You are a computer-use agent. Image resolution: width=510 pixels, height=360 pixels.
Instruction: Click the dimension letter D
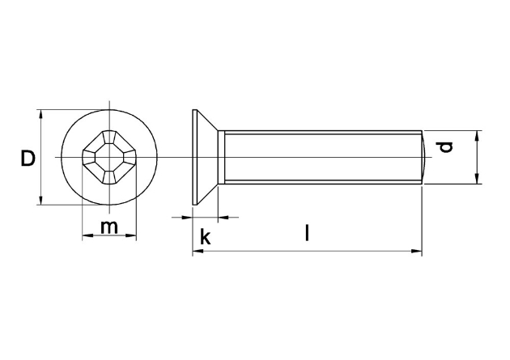[28, 159]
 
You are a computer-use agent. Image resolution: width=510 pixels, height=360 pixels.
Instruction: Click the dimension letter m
[109, 227]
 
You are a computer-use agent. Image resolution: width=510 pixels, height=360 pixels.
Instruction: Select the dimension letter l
[307, 232]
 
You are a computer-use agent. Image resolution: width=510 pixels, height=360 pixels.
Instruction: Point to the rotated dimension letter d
[445, 147]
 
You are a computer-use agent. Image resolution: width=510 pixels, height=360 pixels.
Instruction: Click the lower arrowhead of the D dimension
[40, 200]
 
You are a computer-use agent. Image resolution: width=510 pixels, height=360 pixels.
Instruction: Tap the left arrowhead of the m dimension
[87, 235]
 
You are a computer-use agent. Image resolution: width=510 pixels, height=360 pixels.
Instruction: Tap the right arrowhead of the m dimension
[131, 235]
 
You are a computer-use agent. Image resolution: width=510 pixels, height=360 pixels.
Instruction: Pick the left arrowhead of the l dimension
[198, 251]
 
